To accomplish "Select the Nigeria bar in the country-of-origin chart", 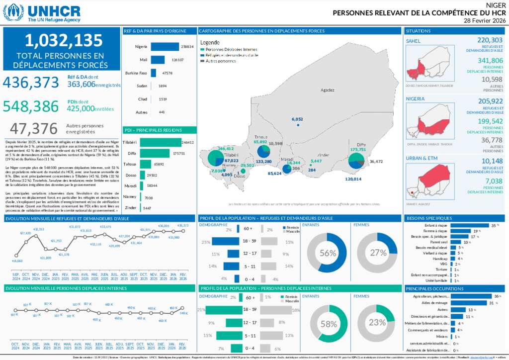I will point(165,47).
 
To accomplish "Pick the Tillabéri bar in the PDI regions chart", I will point(160,142).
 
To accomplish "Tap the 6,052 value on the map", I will point(297,119).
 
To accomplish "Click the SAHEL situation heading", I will point(413,41).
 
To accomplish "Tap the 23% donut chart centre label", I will point(378,322).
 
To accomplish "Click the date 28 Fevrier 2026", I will point(485,21).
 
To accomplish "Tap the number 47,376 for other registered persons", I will point(34,128).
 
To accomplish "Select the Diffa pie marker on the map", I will point(356,161).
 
